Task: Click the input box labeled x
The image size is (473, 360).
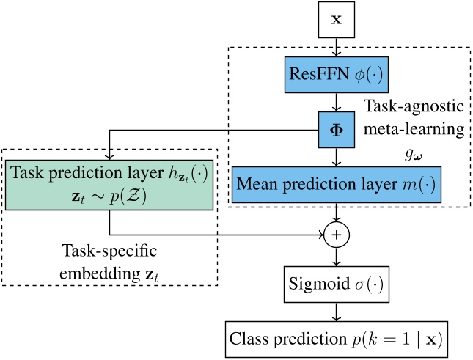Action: pos(337,20)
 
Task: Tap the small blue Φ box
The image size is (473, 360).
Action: pos(337,132)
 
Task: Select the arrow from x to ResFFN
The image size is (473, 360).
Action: pos(337,46)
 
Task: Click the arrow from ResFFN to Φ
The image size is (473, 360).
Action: pos(337,103)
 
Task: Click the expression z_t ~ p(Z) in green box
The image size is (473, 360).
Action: pos(110,197)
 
